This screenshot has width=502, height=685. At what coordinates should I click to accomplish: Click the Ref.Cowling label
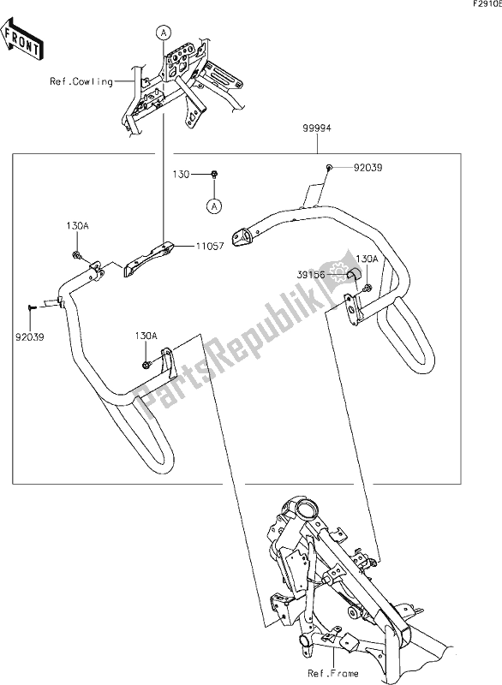pyautogui.click(x=81, y=81)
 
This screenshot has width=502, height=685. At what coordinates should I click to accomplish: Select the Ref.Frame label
pyautogui.click(x=333, y=673)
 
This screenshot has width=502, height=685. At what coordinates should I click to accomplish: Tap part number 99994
pyautogui.click(x=317, y=128)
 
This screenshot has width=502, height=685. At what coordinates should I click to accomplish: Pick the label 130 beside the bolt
pyautogui.click(x=181, y=175)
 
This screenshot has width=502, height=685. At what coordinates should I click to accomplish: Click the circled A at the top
pyautogui.click(x=164, y=33)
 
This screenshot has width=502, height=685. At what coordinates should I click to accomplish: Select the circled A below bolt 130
pyautogui.click(x=214, y=206)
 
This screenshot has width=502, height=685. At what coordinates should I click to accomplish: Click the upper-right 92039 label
pyautogui.click(x=368, y=168)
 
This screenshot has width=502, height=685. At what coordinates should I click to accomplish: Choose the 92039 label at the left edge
pyautogui.click(x=29, y=337)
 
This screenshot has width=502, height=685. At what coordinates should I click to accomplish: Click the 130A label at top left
pyautogui.click(x=77, y=226)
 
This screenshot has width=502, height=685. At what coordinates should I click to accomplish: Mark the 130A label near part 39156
pyautogui.click(x=367, y=259)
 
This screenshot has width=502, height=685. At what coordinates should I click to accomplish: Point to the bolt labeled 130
pyautogui.click(x=214, y=175)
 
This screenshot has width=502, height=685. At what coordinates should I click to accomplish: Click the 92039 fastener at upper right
pyautogui.click(x=329, y=166)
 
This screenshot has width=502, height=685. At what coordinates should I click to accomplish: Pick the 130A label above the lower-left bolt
pyautogui.click(x=146, y=336)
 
